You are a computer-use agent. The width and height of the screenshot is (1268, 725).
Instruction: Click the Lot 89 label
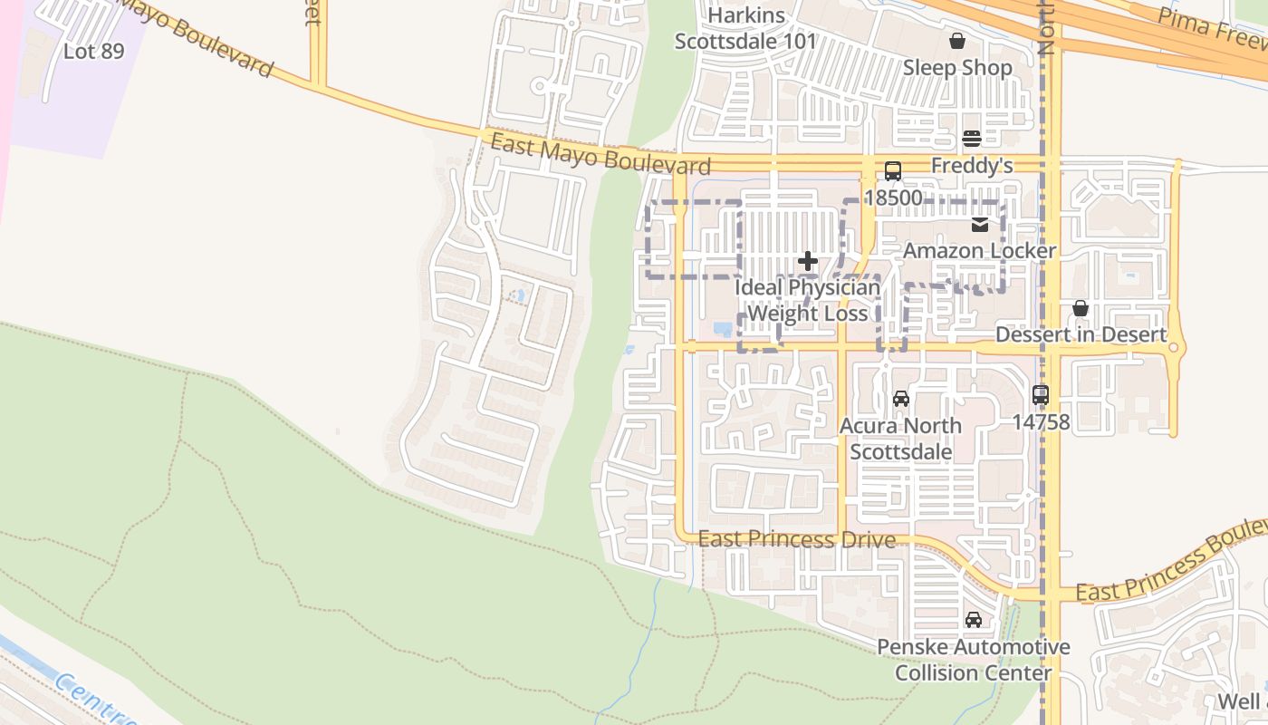93,52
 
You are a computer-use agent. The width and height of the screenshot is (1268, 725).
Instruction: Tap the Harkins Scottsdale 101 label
745,29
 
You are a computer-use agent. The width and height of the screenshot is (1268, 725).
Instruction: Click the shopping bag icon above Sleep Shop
957,41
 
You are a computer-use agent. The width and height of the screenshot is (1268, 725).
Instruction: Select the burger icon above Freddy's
972,139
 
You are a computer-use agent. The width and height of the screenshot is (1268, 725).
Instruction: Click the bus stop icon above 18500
893,170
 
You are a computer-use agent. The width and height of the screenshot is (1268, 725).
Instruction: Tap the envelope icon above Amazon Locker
980,225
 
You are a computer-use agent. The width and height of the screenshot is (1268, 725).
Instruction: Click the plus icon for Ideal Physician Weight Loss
807,262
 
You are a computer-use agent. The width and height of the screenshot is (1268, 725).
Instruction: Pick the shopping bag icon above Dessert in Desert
1080,309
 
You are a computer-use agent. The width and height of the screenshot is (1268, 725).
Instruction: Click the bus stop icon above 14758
1041,395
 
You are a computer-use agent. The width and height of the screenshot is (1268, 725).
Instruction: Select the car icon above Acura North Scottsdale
900,399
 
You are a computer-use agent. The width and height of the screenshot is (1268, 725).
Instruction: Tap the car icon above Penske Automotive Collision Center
974,620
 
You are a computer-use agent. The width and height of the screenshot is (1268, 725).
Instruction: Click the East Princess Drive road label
797,540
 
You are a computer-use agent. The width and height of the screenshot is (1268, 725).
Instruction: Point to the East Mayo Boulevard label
600,154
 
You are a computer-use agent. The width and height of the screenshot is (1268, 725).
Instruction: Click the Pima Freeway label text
1212,33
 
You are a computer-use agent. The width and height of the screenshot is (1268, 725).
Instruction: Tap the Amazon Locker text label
980,251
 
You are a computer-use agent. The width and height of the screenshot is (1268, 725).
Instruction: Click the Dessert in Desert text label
1081,334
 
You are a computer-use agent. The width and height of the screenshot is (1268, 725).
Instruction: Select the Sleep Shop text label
957,68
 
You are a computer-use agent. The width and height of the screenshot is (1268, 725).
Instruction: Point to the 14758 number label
1041,421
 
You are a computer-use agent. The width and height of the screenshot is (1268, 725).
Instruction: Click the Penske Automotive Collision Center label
974,660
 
